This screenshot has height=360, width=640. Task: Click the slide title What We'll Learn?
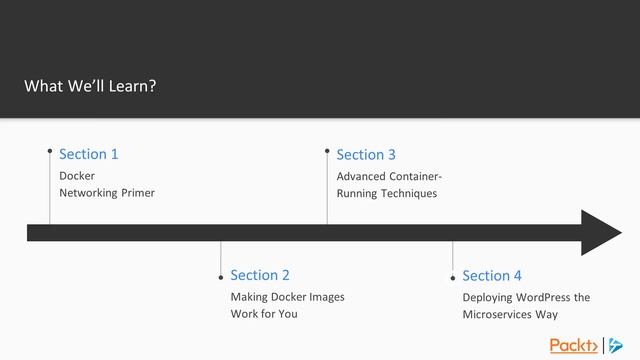pyautogui.click(x=90, y=86)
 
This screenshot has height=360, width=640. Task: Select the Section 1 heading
pyautogui.click(x=89, y=154)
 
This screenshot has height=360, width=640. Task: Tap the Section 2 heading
pyautogui.click(x=260, y=275)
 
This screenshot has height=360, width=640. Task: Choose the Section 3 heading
pyautogui.click(x=366, y=154)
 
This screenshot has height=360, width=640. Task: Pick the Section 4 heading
pyautogui.click(x=492, y=275)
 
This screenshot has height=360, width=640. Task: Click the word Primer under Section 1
pyautogui.click(x=137, y=193)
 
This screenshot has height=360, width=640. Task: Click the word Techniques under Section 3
pyautogui.click(x=408, y=193)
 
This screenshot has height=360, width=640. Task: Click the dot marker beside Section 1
pyautogui.click(x=50, y=151)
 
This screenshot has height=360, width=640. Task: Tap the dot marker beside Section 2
pyautogui.click(x=221, y=277)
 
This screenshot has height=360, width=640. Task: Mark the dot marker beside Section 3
pyautogui.click(x=327, y=151)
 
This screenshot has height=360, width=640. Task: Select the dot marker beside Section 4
pyautogui.click(x=453, y=278)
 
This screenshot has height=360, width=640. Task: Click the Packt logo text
pyautogui.click(x=570, y=345)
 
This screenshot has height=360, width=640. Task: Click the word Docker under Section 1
pyautogui.click(x=77, y=176)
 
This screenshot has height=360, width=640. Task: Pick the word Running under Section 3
pyautogui.click(x=358, y=193)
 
